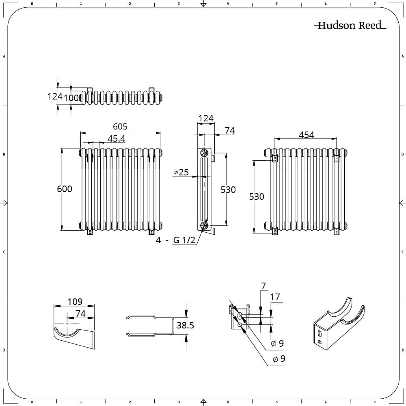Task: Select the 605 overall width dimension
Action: (120, 127)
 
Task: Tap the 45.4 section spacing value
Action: (116, 139)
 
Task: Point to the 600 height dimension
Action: (65, 189)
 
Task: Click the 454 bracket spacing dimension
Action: (306, 135)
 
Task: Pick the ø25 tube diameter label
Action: (181, 173)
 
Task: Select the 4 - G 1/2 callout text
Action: (176, 240)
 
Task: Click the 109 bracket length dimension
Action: (75, 301)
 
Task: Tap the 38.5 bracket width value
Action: (185, 325)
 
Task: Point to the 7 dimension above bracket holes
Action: (263, 286)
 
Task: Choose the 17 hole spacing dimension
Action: (275, 297)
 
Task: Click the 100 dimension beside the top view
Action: (71, 98)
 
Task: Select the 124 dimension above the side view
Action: (206, 118)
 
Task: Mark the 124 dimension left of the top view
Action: (54, 96)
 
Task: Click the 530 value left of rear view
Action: (256, 197)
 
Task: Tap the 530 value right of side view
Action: (228, 190)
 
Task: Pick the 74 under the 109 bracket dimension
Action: (80, 313)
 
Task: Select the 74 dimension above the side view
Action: (229, 130)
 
